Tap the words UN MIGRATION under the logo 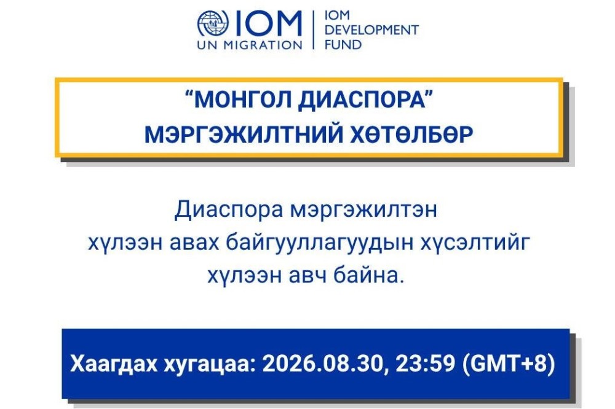click(x=250, y=45)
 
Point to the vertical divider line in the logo click(x=314, y=29)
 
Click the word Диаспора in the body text click(x=229, y=210)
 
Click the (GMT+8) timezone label click(x=509, y=364)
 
